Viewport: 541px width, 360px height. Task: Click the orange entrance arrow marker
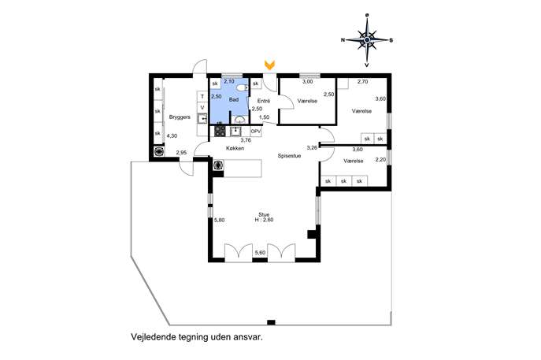(269, 65)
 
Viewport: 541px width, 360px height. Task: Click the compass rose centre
(367, 40)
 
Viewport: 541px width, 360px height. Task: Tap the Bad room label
(234, 100)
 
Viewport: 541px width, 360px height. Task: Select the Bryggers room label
(180, 117)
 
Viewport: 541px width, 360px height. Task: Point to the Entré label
(264, 101)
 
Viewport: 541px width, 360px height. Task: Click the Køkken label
(235, 148)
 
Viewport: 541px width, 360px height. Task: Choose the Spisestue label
(289, 156)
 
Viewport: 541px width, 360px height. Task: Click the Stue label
(264, 215)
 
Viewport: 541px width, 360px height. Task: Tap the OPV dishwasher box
(256, 132)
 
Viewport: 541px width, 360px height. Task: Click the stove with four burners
(220, 132)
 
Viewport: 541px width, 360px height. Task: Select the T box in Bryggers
(202, 97)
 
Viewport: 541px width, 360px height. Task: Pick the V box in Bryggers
(202, 108)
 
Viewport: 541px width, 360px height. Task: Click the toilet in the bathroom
(243, 88)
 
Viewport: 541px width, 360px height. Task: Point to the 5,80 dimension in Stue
(220, 220)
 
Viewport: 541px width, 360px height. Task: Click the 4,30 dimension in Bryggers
(172, 136)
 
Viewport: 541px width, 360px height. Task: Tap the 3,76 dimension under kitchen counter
(246, 140)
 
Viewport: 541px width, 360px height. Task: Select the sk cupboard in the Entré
(256, 84)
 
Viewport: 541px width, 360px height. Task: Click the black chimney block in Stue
(312, 234)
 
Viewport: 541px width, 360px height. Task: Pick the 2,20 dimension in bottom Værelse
(380, 159)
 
